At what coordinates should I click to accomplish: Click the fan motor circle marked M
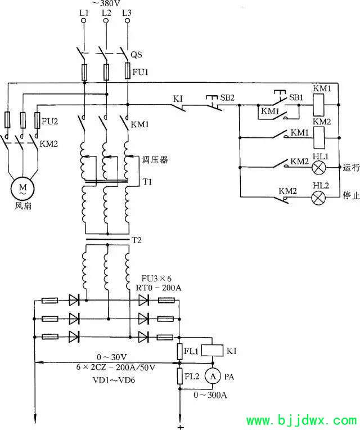(x=22, y=189)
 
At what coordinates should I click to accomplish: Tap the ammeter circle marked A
(x=213, y=377)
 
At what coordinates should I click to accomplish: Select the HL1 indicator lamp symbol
(x=318, y=167)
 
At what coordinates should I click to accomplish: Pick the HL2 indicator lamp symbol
(x=318, y=197)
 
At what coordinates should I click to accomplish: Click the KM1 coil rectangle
(x=318, y=105)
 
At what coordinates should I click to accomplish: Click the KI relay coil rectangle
(x=212, y=351)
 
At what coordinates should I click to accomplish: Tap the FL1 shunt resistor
(x=180, y=351)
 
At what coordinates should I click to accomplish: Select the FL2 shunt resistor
(x=180, y=376)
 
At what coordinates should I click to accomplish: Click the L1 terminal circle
(x=84, y=21)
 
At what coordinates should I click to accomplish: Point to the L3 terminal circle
(x=127, y=21)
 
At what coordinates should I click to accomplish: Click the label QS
(x=136, y=55)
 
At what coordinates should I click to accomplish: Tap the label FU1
(x=141, y=72)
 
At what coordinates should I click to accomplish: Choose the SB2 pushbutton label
(x=227, y=97)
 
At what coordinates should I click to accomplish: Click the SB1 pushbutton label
(x=296, y=97)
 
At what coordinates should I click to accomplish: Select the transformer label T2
(x=137, y=240)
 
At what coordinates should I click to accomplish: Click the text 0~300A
(x=210, y=395)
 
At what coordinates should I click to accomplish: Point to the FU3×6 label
(x=156, y=279)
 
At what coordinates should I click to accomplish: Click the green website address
(x=301, y=420)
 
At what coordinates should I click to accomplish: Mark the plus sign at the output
(x=180, y=427)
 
